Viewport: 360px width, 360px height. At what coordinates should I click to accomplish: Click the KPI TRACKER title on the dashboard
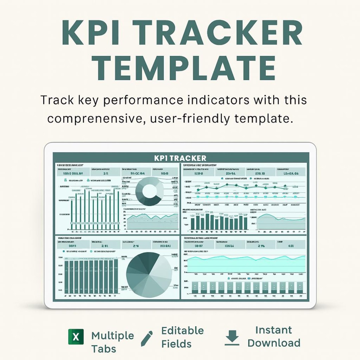coord(180,158)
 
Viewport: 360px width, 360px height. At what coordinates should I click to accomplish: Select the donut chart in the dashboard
coord(150,191)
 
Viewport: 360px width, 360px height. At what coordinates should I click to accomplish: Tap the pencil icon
coord(147,338)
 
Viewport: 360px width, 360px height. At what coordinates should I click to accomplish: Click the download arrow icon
coord(232,338)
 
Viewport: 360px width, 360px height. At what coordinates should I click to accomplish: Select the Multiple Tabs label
coord(112,342)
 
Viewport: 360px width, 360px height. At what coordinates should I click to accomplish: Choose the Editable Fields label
coord(182,337)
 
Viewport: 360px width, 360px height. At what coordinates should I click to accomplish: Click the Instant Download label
coord(274,337)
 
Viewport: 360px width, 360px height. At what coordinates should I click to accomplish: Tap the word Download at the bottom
coord(274,343)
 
